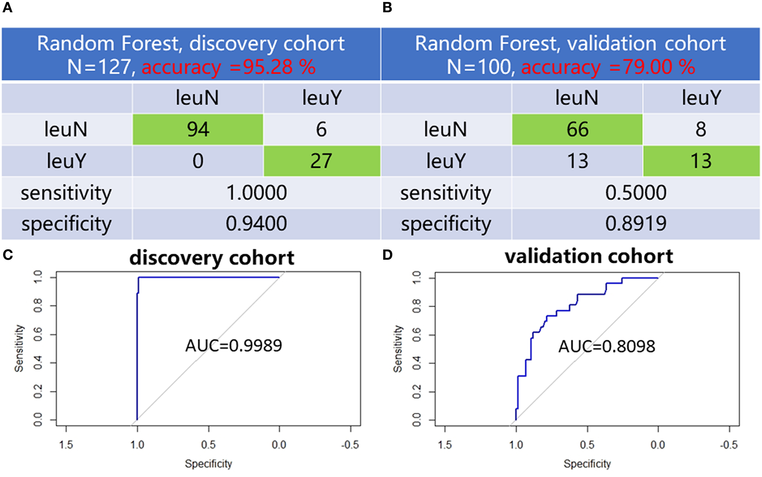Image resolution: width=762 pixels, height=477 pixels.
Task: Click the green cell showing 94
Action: click(198, 129)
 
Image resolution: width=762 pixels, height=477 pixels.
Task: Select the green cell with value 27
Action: click(321, 161)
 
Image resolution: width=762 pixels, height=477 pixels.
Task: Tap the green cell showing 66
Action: click(577, 129)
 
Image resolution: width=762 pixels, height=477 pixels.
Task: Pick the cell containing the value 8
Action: click(701, 129)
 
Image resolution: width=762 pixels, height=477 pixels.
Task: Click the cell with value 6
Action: click(321, 129)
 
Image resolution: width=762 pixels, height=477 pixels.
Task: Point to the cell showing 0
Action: click(198, 161)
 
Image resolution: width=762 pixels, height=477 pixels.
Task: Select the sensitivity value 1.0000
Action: click(256, 193)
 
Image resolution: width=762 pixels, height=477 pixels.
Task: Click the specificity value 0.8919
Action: click(636, 224)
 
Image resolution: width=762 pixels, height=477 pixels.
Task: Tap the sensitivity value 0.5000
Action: click(636, 193)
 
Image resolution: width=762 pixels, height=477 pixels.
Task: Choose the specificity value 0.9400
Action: click(256, 224)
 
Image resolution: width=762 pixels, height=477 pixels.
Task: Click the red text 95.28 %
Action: click(279, 67)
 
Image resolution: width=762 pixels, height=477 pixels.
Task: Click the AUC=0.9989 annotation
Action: click(234, 345)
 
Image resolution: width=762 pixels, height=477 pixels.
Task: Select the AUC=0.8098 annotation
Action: click(606, 346)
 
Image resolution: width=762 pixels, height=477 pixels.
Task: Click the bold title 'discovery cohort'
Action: click(212, 258)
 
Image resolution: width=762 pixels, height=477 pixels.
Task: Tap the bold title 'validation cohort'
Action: click(588, 256)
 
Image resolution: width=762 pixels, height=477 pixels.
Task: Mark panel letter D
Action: click(387, 255)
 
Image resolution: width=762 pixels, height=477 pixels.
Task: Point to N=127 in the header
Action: click(98, 67)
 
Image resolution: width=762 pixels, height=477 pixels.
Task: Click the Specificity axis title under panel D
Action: click(587, 464)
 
